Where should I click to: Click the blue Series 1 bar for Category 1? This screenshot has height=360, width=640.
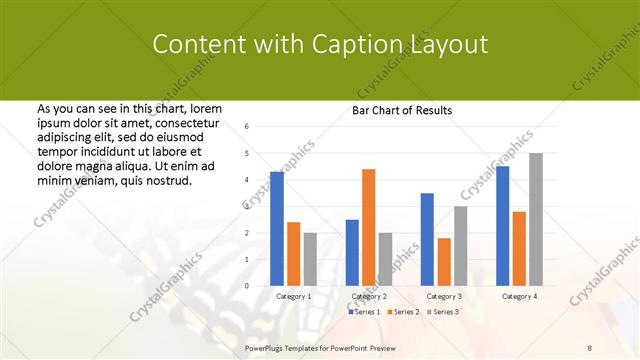[x=277, y=229]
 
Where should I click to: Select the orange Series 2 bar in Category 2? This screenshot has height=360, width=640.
[x=368, y=227]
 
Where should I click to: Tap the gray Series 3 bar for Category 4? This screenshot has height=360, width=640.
[x=535, y=220]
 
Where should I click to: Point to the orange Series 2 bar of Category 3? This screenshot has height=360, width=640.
[x=443, y=262]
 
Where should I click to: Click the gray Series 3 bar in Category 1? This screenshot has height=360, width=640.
[x=309, y=259]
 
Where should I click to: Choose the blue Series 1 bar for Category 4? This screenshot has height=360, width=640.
[x=502, y=226]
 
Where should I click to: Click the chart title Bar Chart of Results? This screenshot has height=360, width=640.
[x=402, y=110]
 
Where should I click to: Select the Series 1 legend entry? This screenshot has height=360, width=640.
[x=364, y=313]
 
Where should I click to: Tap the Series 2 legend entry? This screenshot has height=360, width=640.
[x=403, y=313]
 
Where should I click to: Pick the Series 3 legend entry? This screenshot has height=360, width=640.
[x=442, y=313]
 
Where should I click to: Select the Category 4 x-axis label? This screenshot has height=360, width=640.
[x=518, y=297]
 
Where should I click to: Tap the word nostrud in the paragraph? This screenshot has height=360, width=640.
[x=166, y=181]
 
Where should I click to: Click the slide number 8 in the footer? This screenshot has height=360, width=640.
[x=590, y=347]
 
